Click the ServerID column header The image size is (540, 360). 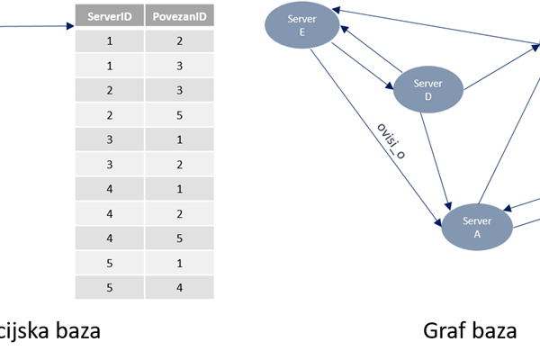click(x=110, y=15)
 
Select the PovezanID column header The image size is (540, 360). click(x=179, y=15)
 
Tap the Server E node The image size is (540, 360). click(x=302, y=25)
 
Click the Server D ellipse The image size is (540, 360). click(x=428, y=90)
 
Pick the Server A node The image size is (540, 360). click(x=477, y=227)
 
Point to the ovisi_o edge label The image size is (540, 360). click(x=391, y=141)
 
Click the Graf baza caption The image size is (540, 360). click(x=470, y=330)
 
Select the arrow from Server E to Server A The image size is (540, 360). click(x=376, y=138)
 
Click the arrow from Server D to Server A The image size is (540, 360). click(x=436, y=161)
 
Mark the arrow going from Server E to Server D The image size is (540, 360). click(x=363, y=66)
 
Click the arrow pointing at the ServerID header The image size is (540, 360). click(x=37, y=26)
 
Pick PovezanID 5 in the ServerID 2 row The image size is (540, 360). click(x=179, y=114)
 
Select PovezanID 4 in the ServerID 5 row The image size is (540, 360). click(x=179, y=287)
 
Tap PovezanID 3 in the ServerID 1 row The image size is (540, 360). click(x=179, y=66)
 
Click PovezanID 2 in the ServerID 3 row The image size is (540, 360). click(x=179, y=165)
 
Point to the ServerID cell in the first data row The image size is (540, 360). click(x=110, y=41)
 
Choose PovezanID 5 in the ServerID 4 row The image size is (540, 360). click(x=179, y=238)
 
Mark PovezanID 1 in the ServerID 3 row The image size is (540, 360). click(x=179, y=139)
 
